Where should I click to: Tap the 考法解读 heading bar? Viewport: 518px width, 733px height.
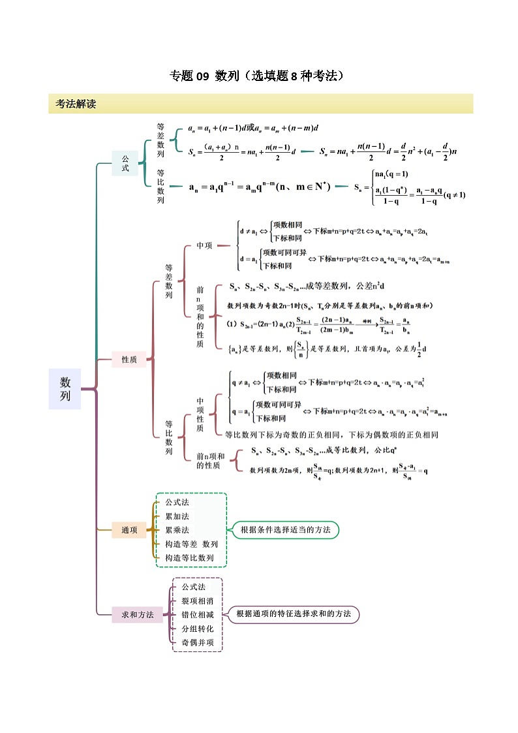tap(260, 103)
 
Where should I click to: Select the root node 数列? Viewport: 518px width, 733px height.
tap(65, 389)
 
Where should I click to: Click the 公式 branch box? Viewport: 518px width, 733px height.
tap(125, 163)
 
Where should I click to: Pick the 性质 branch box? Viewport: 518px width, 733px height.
tap(129, 359)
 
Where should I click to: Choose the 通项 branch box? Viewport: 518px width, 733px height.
tap(129, 530)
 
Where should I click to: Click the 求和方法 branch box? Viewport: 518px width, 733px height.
tap(137, 614)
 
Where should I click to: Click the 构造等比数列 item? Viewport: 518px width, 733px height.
tap(190, 557)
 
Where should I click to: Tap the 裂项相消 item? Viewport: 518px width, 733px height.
tap(198, 600)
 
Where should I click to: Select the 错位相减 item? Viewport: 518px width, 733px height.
tap(198, 614)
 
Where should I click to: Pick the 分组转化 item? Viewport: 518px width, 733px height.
tap(198, 629)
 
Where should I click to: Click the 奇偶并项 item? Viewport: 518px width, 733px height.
tap(198, 642)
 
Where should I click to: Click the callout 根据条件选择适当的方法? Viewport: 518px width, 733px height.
tap(285, 529)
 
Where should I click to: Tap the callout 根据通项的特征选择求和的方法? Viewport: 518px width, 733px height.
tap(294, 614)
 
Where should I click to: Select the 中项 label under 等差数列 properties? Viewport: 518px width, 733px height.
tap(204, 245)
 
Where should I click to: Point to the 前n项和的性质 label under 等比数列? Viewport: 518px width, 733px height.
tap(210, 460)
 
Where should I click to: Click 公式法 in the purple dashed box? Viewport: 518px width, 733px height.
tap(194, 587)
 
